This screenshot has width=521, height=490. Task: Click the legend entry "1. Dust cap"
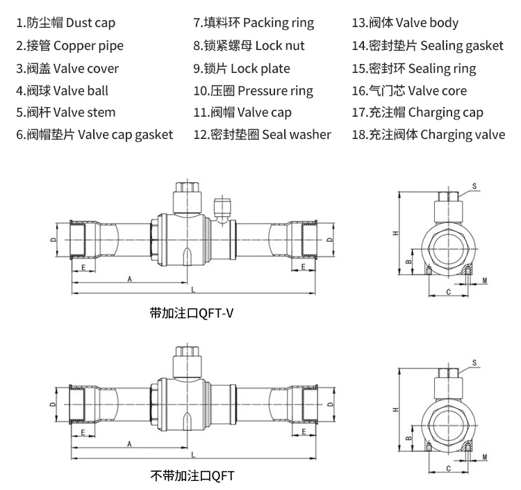pyautogui.click(x=66, y=23)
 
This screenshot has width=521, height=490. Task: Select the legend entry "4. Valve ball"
pyautogui.click(x=62, y=90)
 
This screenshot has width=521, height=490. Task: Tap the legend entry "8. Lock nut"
pyautogui.click(x=249, y=46)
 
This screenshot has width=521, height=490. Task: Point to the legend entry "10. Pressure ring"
pyautogui.click(x=253, y=91)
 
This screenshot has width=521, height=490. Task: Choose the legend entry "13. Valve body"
pyautogui.click(x=405, y=23)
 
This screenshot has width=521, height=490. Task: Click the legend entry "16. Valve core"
pyautogui.click(x=409, y=91)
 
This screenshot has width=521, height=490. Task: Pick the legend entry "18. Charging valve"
pyautogui.click(x=429, y=135)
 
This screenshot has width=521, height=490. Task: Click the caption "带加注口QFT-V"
pyautogui.click(x=192, y=313)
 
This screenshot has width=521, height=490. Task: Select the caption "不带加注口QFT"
pyautogui.click(x=192, y=475)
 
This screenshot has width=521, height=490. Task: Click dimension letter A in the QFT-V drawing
pyautogui.click(x=130, y=279)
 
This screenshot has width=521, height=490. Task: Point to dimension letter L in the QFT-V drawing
pyautogui.click(x=193, y=290)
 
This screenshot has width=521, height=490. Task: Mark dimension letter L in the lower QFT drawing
pyautogui.click(x=193, y=455)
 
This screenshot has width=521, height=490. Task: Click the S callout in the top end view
pyautogui.click(x=474, y=186)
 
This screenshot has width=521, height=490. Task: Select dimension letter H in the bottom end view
pyautogui.click(x=396, y=409)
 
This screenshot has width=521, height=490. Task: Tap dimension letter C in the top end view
pyautogui.click(x=449, y=292)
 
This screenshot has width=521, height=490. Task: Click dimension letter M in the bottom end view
pyautogui.click(x=485, y=457)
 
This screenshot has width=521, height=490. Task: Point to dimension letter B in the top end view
pyautogui.click(x=409, y=261)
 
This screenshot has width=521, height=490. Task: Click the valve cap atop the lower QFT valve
pyautogui.click(x=187, y=361)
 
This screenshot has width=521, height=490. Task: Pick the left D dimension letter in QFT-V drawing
pyautogui.click(x=53, y=240)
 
